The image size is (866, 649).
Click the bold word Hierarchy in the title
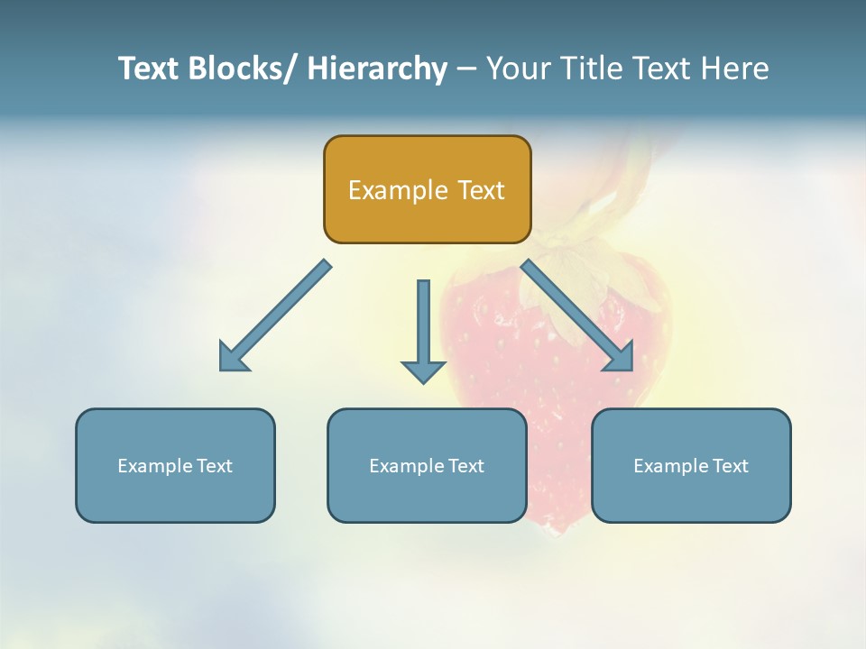click(376, 69)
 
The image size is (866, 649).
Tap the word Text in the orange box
click(481, 190)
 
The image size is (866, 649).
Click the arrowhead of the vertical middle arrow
click(423, 370)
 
